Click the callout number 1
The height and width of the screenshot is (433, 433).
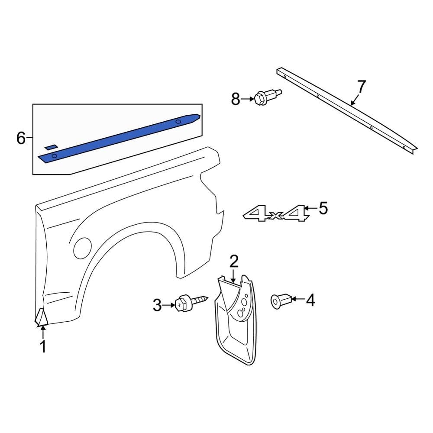(x=43, y=347)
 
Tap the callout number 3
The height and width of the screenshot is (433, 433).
(x=157, y=306)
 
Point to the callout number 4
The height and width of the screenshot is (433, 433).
(x=310, y=300)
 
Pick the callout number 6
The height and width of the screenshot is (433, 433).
(x=21, y=139)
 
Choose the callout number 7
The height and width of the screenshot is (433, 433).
(x=361, y=87)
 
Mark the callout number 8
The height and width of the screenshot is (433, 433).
(x=235, y=100)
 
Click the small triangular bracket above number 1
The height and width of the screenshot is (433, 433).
(x=42, y=317)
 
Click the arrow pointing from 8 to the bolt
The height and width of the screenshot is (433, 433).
(x=248, y=99)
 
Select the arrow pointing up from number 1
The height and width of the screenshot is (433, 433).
(x=43, y=332)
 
